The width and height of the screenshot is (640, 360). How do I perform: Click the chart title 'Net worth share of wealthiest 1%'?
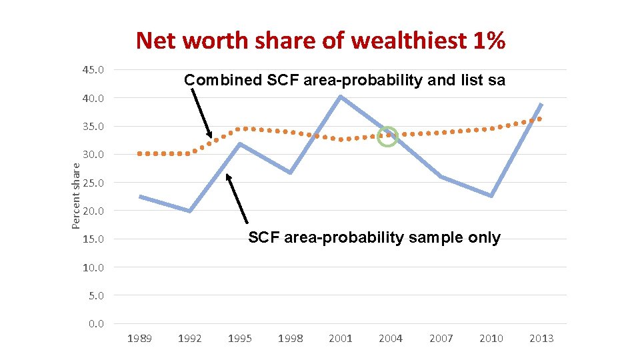(x=321, y=41)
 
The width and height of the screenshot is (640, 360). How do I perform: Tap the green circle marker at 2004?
(x=387, y=137)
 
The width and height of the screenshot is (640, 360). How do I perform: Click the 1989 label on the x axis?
(x=139, y=339)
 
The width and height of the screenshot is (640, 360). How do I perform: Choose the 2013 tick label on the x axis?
(x=541, y=339)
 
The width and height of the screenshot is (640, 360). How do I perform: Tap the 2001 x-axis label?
(x=341, y=339)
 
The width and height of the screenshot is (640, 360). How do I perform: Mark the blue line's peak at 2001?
(x=341, y=97)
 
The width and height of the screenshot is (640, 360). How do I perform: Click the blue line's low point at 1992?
(x=190, y=211)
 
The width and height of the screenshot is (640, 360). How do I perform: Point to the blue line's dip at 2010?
(x=491, y=196)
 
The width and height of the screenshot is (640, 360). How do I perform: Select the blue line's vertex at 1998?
(x=290, y=173)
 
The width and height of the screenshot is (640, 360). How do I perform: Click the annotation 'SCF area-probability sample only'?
(x=374, y=238)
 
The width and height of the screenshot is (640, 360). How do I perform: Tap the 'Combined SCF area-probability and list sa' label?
(x=345, y=81)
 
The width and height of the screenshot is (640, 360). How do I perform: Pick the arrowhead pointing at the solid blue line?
(x=229, y=177)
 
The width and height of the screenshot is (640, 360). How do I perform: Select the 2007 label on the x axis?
(x=441, y=339)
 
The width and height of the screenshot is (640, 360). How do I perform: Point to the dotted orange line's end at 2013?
(x=540, y=119)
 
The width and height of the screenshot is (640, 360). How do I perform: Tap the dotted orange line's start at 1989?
(x=139, y=153)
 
